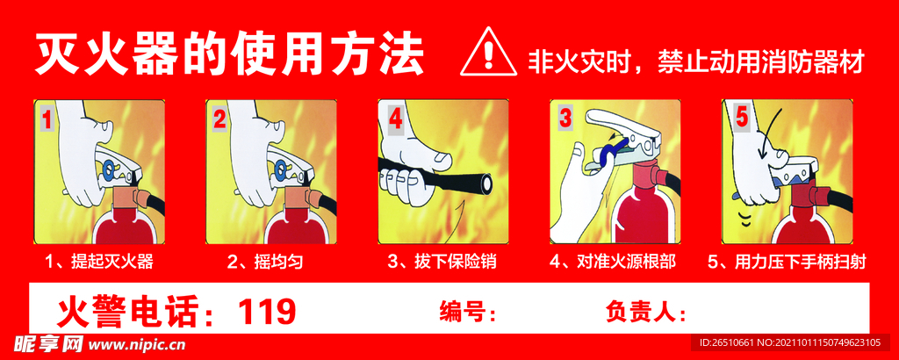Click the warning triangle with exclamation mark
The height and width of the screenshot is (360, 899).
[x=487, y=53]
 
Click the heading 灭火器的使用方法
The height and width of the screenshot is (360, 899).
[x=229, y=55]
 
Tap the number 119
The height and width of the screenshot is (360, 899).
[x=267, y=312]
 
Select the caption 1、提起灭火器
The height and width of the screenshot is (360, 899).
[x=99, y=262]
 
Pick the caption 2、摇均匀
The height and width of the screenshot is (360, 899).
[x=265, y=262]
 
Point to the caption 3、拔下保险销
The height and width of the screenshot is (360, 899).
[x=442, y=262]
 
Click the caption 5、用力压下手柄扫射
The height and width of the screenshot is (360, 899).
[x=787, y=262]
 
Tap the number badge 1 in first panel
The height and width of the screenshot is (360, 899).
[x=47, y=119]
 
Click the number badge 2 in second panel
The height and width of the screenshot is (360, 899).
[x=220, y=119]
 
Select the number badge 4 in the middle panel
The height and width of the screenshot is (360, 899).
[x=396, y=120]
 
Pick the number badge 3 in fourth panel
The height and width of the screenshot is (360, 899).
[x=565, y=119]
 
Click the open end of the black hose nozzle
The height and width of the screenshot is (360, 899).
[x=486, y=183]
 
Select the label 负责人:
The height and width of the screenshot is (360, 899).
[x=646, y=313]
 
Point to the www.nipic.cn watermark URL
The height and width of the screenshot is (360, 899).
[x=136, y=346]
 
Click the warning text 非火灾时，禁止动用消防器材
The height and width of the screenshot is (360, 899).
[x=695, y=61]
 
